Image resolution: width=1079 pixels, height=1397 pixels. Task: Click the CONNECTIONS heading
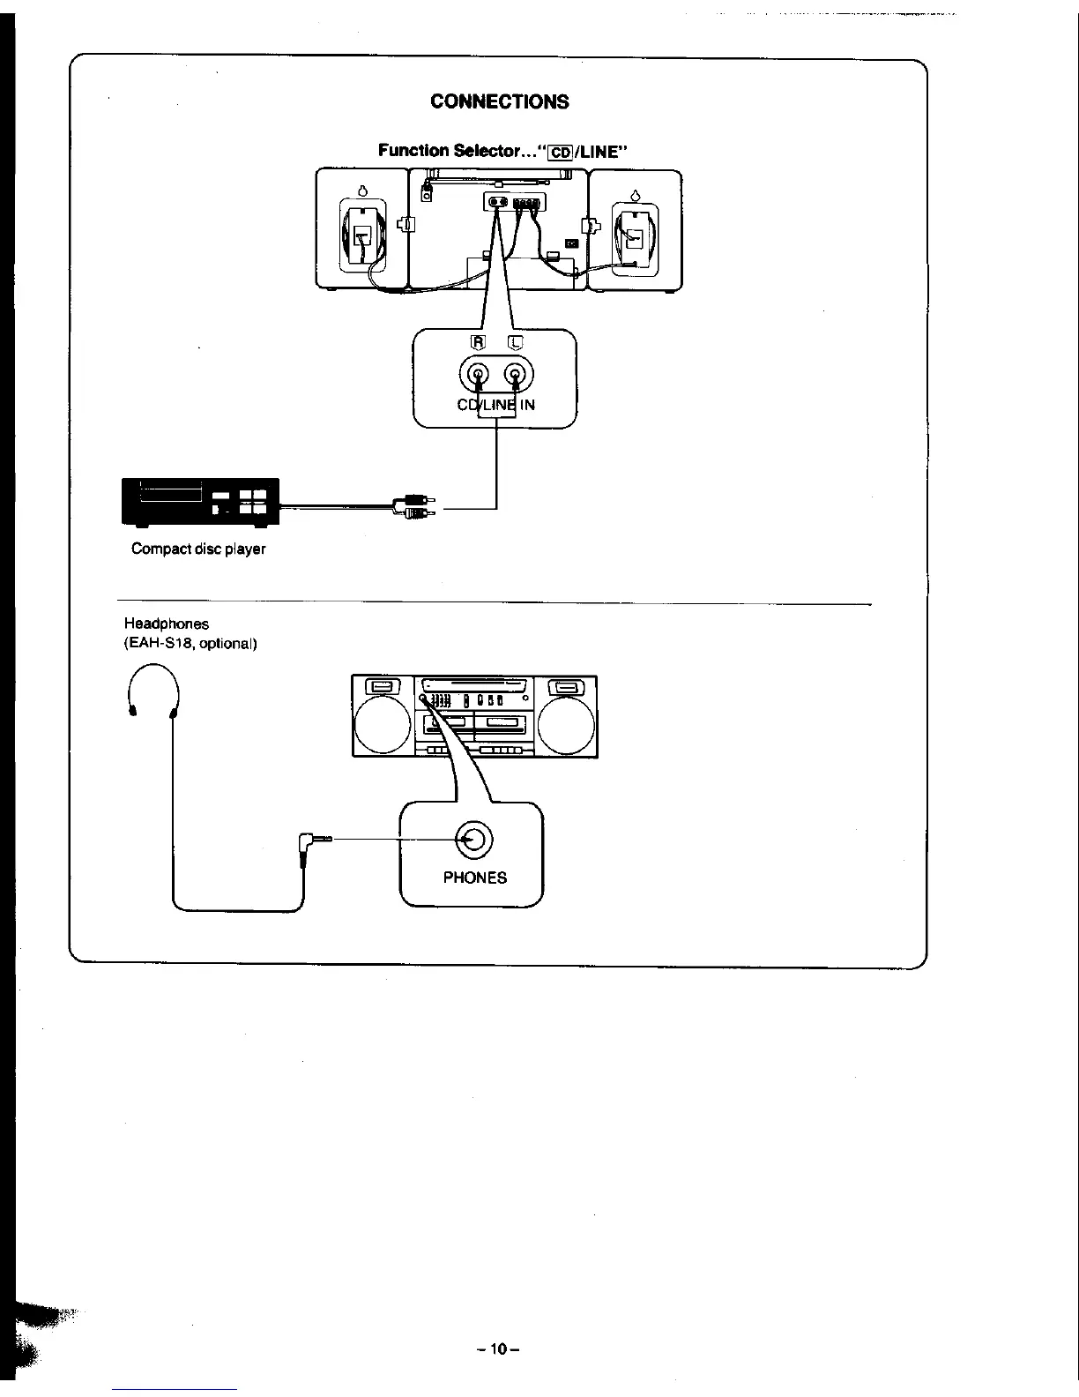click(x=499, y=101)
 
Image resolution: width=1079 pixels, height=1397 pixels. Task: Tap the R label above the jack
click(x=478, y=343)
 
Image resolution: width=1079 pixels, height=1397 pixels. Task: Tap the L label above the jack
click(x=517, y=343)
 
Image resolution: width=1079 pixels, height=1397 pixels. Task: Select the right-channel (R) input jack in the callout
click(x=478, y=377)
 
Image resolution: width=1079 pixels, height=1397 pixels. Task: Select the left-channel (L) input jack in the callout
click(x=517, y=377)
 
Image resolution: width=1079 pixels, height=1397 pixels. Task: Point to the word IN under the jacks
click(x=528, y=405)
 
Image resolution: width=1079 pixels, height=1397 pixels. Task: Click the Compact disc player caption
click(x=198, y=549)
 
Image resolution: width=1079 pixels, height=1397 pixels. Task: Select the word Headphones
click(x=166, y=624)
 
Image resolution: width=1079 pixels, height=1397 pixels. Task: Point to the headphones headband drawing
click(x=155, y=684)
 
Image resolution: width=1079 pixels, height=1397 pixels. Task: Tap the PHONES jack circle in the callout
click(x=472, y=839)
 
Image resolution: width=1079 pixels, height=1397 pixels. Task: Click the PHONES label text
click(x=474, y=878)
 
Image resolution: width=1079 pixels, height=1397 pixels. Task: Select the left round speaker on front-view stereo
click(x=382, y=726)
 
